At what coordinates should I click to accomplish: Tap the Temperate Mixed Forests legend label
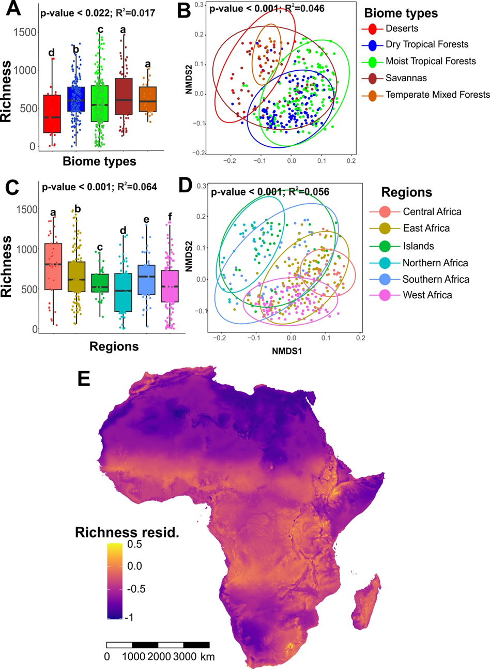point(437,95)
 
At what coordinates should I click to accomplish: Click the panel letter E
point(84,378)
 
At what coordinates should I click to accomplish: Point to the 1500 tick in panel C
point(28,209)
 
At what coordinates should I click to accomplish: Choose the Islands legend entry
point(419,246)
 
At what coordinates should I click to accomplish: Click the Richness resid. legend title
point(127,532)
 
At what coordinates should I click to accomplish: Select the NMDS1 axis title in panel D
point(287,352)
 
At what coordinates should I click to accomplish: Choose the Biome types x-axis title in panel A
point(99,161)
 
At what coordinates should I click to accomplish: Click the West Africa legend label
point(427,296)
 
